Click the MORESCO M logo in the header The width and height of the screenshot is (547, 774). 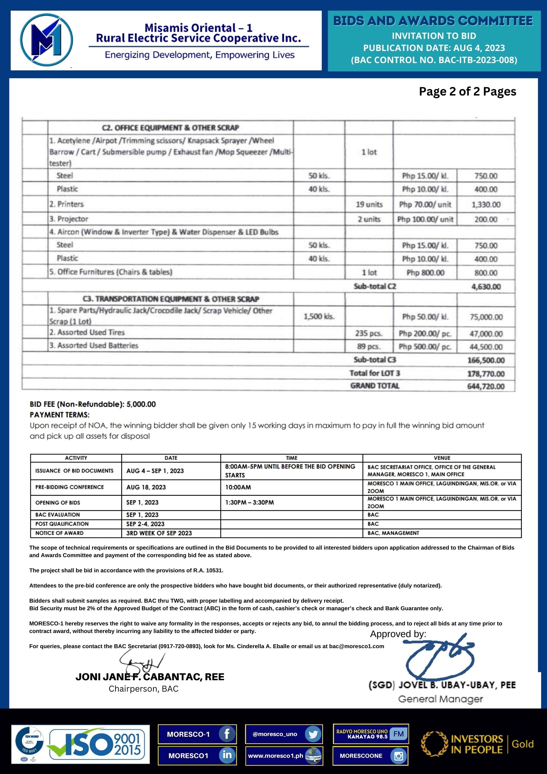tap(46, 40)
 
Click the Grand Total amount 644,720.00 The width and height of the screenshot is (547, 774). tap(486, 386)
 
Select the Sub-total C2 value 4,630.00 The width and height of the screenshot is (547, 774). tap(486, 287)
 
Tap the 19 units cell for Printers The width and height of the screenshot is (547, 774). tap(369, 204)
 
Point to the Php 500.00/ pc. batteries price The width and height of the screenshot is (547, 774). tap(425, 346)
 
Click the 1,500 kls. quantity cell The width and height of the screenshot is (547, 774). tap(319, 316)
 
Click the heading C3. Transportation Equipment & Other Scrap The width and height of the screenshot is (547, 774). tap(171, 299)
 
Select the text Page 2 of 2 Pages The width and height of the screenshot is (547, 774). tap(467, 91)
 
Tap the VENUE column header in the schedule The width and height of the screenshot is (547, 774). tap(442, 458)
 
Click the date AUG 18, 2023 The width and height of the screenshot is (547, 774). tap(146, 487)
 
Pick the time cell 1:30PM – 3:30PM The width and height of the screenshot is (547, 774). tap(250, 502)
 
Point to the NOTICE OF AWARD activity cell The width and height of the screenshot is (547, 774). tap(59, 533)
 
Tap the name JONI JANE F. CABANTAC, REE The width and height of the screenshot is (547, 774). tap(150, 677)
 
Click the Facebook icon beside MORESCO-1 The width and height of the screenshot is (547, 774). tap(227, 734)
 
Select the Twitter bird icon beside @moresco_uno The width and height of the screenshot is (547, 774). tap(313, 734)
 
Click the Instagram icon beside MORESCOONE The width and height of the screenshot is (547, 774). tap(399, 756)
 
